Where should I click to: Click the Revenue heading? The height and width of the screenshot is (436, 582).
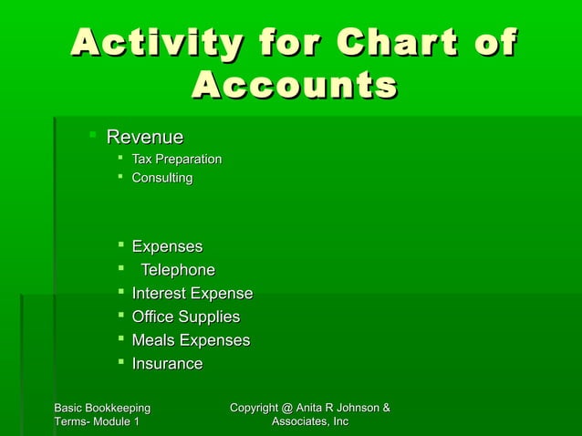tap(144, 138)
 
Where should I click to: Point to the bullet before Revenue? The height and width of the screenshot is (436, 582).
tap(92, 137)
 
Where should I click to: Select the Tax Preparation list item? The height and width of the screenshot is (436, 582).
tap(176, 160)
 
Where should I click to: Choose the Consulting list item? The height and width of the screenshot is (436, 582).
tap(162, 178)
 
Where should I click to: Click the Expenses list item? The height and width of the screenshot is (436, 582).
tap(167, 246)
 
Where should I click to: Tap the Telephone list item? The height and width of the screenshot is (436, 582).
tap(177, 270)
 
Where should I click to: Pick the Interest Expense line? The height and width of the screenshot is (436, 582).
tap(192, 294)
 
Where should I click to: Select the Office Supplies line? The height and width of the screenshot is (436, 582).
tap(185, 317)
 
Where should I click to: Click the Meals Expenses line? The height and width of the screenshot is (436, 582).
tap(190, 341)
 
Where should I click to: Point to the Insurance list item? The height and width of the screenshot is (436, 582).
tap(167, 365)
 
